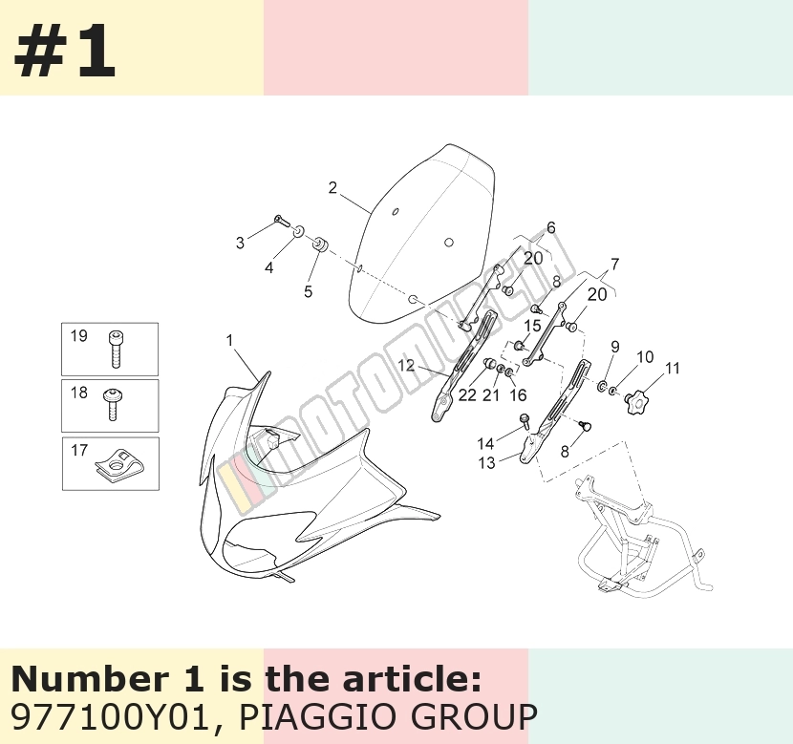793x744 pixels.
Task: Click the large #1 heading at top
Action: (x=65, y=51)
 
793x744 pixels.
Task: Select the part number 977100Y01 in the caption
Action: (x=110, y=716)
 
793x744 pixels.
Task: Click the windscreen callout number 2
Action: (x=332, y=187)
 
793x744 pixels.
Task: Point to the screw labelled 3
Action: (x=280, y=220)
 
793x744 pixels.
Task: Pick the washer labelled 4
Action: (x=299, y=232)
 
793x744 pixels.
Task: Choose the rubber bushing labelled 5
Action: (x=321, y=244)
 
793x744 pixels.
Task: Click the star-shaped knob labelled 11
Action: (x=637, y=402)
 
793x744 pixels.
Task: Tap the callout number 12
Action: (x=406, y=365)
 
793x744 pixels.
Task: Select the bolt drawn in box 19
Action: (x=117, y=350)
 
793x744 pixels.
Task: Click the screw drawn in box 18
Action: (x=114, y=404)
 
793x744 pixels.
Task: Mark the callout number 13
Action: (x=486, y=462)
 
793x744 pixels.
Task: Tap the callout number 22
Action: (x=467, y=394)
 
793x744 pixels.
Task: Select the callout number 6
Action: (x=550, y=228)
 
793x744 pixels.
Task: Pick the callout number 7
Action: (x=614, y=264)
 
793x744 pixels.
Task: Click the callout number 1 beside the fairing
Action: (x=229, y=340)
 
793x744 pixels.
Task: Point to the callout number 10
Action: (x=645, y=357)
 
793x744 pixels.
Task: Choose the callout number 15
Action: (x=532, y=326)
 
